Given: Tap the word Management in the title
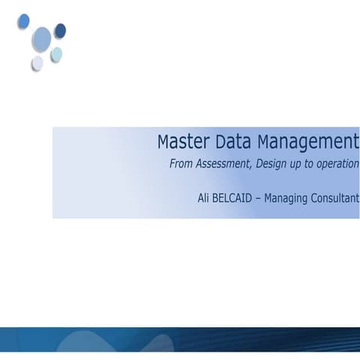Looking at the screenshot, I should tap(307, 142).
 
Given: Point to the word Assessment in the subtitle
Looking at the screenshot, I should tap(223, 163).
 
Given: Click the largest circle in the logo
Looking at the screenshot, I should tap(42, 37).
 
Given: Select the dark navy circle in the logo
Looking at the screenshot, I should tap(60, 30).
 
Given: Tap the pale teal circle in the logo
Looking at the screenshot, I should tap(56, 54).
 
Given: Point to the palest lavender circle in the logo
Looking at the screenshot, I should tap(37, 63).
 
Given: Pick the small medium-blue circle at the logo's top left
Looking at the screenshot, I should tap(23, 20).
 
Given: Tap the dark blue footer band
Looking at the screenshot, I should tap(180, 343).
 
